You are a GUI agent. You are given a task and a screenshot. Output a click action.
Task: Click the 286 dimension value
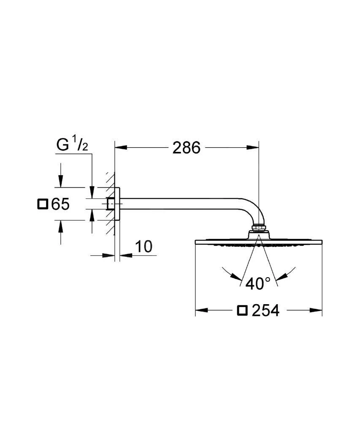coord(186,148)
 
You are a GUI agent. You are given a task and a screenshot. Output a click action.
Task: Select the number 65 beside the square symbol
coord(60,205)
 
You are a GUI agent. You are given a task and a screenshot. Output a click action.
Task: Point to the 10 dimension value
coord(144,246)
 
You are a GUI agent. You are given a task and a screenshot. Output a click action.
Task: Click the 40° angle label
coord(258,283)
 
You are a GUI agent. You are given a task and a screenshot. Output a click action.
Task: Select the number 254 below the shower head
coord(265,311)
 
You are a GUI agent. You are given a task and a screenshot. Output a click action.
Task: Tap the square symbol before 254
coord(242,310)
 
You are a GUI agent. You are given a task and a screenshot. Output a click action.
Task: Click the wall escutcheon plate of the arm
coord(120,203)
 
